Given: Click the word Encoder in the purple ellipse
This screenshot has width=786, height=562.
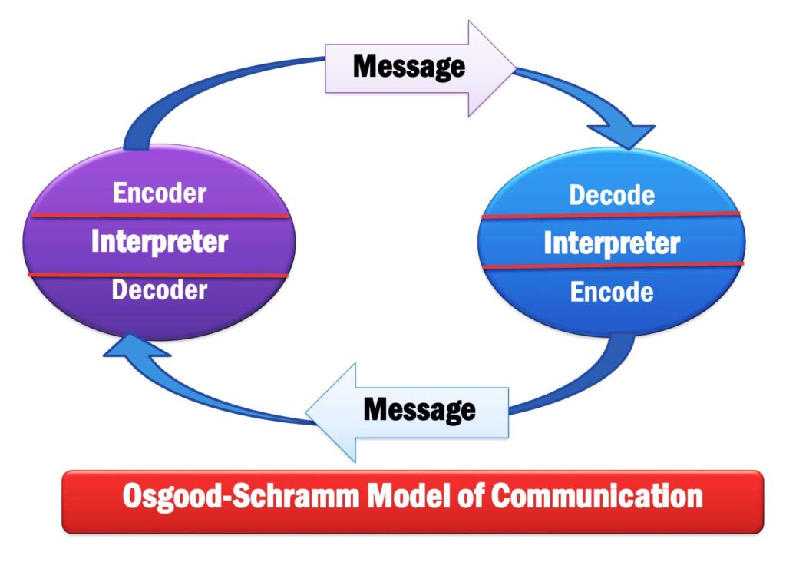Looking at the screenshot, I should click(x=160, y=193).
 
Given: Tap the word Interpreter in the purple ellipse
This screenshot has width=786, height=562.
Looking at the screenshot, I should click(x=160, y=243).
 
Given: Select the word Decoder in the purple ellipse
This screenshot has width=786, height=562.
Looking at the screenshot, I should click(x=160, y=290).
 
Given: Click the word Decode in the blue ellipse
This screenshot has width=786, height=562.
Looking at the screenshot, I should click(x=612, y=195).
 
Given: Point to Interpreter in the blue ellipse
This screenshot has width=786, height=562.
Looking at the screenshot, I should click(x=612, y=244).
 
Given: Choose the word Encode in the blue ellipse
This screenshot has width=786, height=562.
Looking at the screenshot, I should click(x=612, y=293).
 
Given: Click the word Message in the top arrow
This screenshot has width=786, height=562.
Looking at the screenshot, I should click(x=408, y=67).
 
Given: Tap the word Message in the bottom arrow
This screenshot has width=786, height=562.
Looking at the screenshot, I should click(x=419, y=410).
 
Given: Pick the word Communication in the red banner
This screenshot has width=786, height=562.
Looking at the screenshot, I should click(x=596, y=496).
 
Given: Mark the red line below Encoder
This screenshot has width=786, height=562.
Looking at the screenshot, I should click(x=160, y=217).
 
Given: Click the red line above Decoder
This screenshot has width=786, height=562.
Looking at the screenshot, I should click(x=160, y=275).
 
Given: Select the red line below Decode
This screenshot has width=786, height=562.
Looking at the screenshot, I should click(x=612, y=216).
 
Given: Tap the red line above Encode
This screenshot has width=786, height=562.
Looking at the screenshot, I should click(x=612, y=266).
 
